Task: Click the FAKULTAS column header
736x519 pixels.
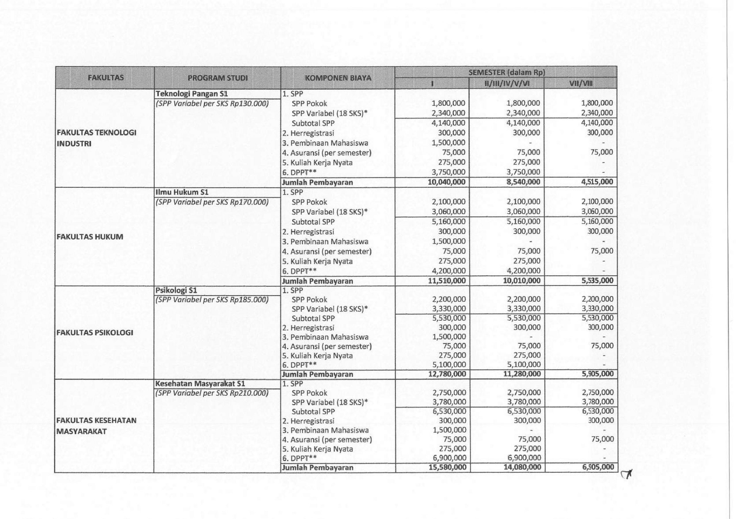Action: (106, 78)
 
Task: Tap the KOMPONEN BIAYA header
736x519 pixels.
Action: (338, 78)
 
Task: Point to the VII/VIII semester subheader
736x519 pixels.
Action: (580, 84)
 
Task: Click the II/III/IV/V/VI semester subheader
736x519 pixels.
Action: (507, 84)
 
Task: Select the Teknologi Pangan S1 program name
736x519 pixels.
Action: (191, 94)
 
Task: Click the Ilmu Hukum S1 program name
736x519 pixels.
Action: (182, 192)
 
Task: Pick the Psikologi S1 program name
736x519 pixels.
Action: (176, 291)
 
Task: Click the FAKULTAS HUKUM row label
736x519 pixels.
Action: (90, 237)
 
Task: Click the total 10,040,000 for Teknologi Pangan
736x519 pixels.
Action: (446, 182)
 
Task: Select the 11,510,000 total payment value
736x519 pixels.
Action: (446, 281)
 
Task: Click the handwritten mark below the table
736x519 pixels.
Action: (627, 474)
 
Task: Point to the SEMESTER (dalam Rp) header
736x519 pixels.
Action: (507, 72)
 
